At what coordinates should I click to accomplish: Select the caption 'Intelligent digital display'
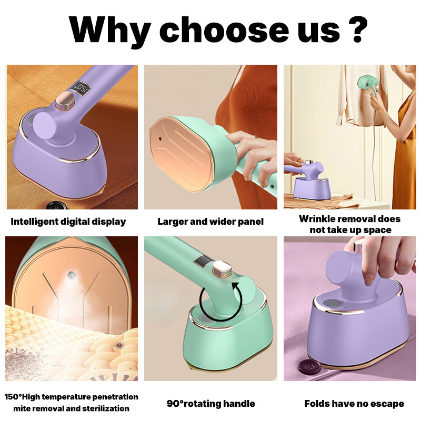(68, 222)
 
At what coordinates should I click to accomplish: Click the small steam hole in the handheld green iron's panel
(161, 138)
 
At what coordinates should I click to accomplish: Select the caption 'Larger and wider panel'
(210, 222)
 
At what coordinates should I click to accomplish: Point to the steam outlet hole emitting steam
(72, 275)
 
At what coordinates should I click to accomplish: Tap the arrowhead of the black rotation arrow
(235, 286)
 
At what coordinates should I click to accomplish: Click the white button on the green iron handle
(222, 269)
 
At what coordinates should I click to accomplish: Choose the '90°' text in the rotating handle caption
(175, 404)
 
